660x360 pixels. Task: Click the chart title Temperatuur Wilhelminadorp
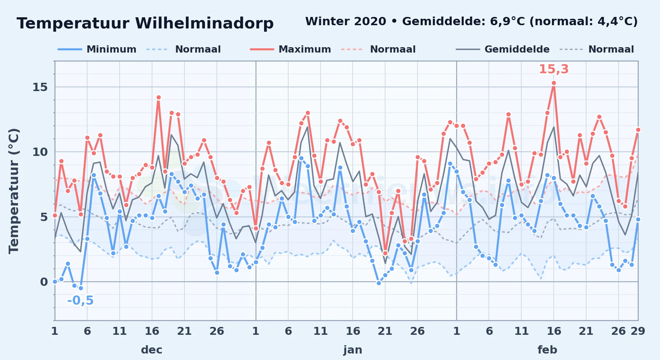[x=145, y=23]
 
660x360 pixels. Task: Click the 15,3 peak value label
[x=553, y=69]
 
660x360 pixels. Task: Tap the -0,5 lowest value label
[x=80, y=300]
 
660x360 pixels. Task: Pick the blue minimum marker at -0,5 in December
[x=81, y=288]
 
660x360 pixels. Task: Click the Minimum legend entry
[x=97, y=49]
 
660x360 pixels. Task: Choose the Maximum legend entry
[x=290, y=49]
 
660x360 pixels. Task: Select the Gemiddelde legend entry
[x=503, y=49]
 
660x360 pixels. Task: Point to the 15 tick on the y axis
[x=40, y=87]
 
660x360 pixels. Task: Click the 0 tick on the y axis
[x=44, y=282]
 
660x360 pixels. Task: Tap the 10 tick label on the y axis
[x=40, y=152]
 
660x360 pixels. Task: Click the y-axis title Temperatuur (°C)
[x=14, y=191]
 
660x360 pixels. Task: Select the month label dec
[x=152, y=350]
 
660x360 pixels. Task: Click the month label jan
[x=353, y=350]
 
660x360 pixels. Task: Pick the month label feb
[x=547, y=350]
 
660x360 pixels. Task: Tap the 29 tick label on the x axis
[x=638, y=331]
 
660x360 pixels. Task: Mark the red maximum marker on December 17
[x=159, y=97]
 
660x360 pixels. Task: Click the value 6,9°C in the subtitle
[x=508, y=21]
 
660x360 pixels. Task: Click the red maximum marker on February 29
[x=638, y=130]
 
